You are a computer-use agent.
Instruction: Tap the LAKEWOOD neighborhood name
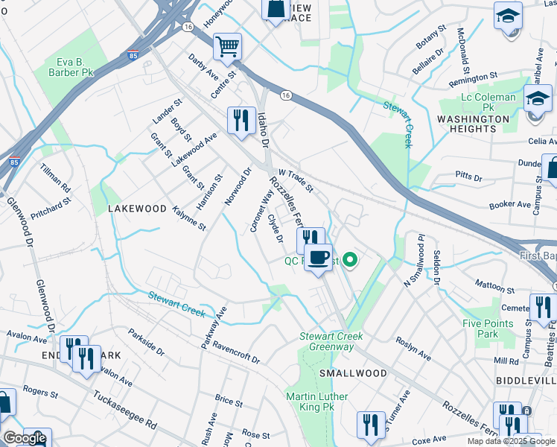[137, 209]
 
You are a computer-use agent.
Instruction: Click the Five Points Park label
[488, 329]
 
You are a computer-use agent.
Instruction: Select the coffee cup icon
[319, 257]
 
